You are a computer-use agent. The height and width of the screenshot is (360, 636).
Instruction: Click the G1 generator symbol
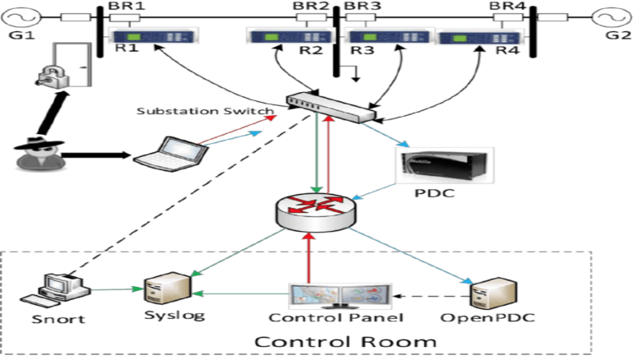pos(19,17)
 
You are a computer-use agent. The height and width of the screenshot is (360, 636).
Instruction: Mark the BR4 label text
pos(507,6)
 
